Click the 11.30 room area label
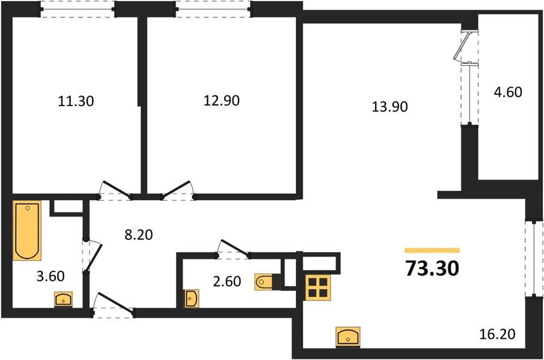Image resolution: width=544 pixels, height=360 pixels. point(76,101)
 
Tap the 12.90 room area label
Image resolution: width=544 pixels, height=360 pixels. point(222,101)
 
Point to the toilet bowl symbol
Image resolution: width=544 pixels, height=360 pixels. point(265,281)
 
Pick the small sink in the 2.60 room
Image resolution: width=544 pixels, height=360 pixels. point(191,298)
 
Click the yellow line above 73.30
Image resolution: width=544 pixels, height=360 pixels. point(432,250)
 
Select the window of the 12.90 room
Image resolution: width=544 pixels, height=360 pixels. point(213,9)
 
